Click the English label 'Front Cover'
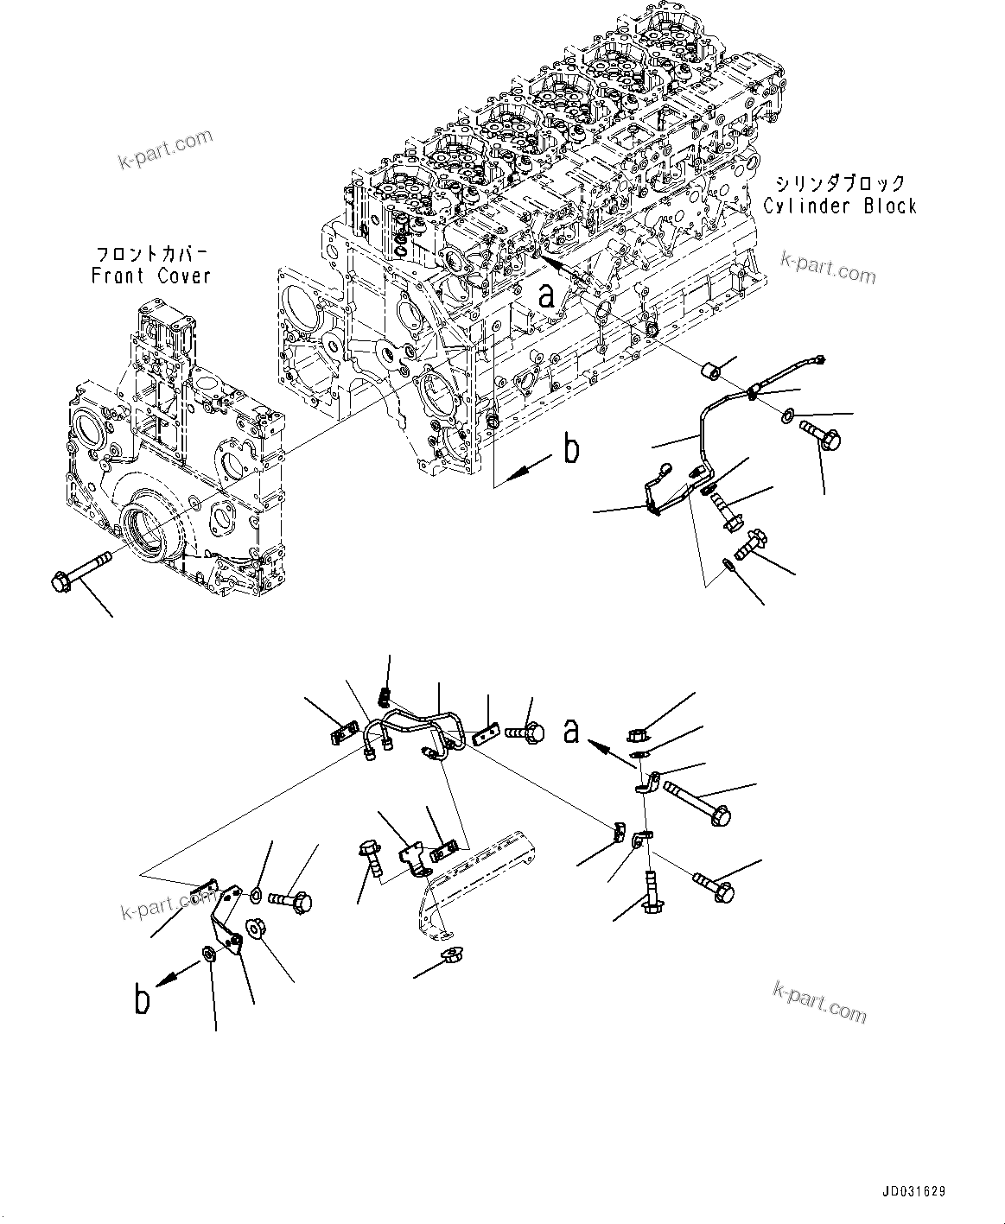(150, 276)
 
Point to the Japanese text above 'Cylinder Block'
(839, 183)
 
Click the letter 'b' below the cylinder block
(571, 449)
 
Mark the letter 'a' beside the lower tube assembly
(571, 730)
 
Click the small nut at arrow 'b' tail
(208, 953)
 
